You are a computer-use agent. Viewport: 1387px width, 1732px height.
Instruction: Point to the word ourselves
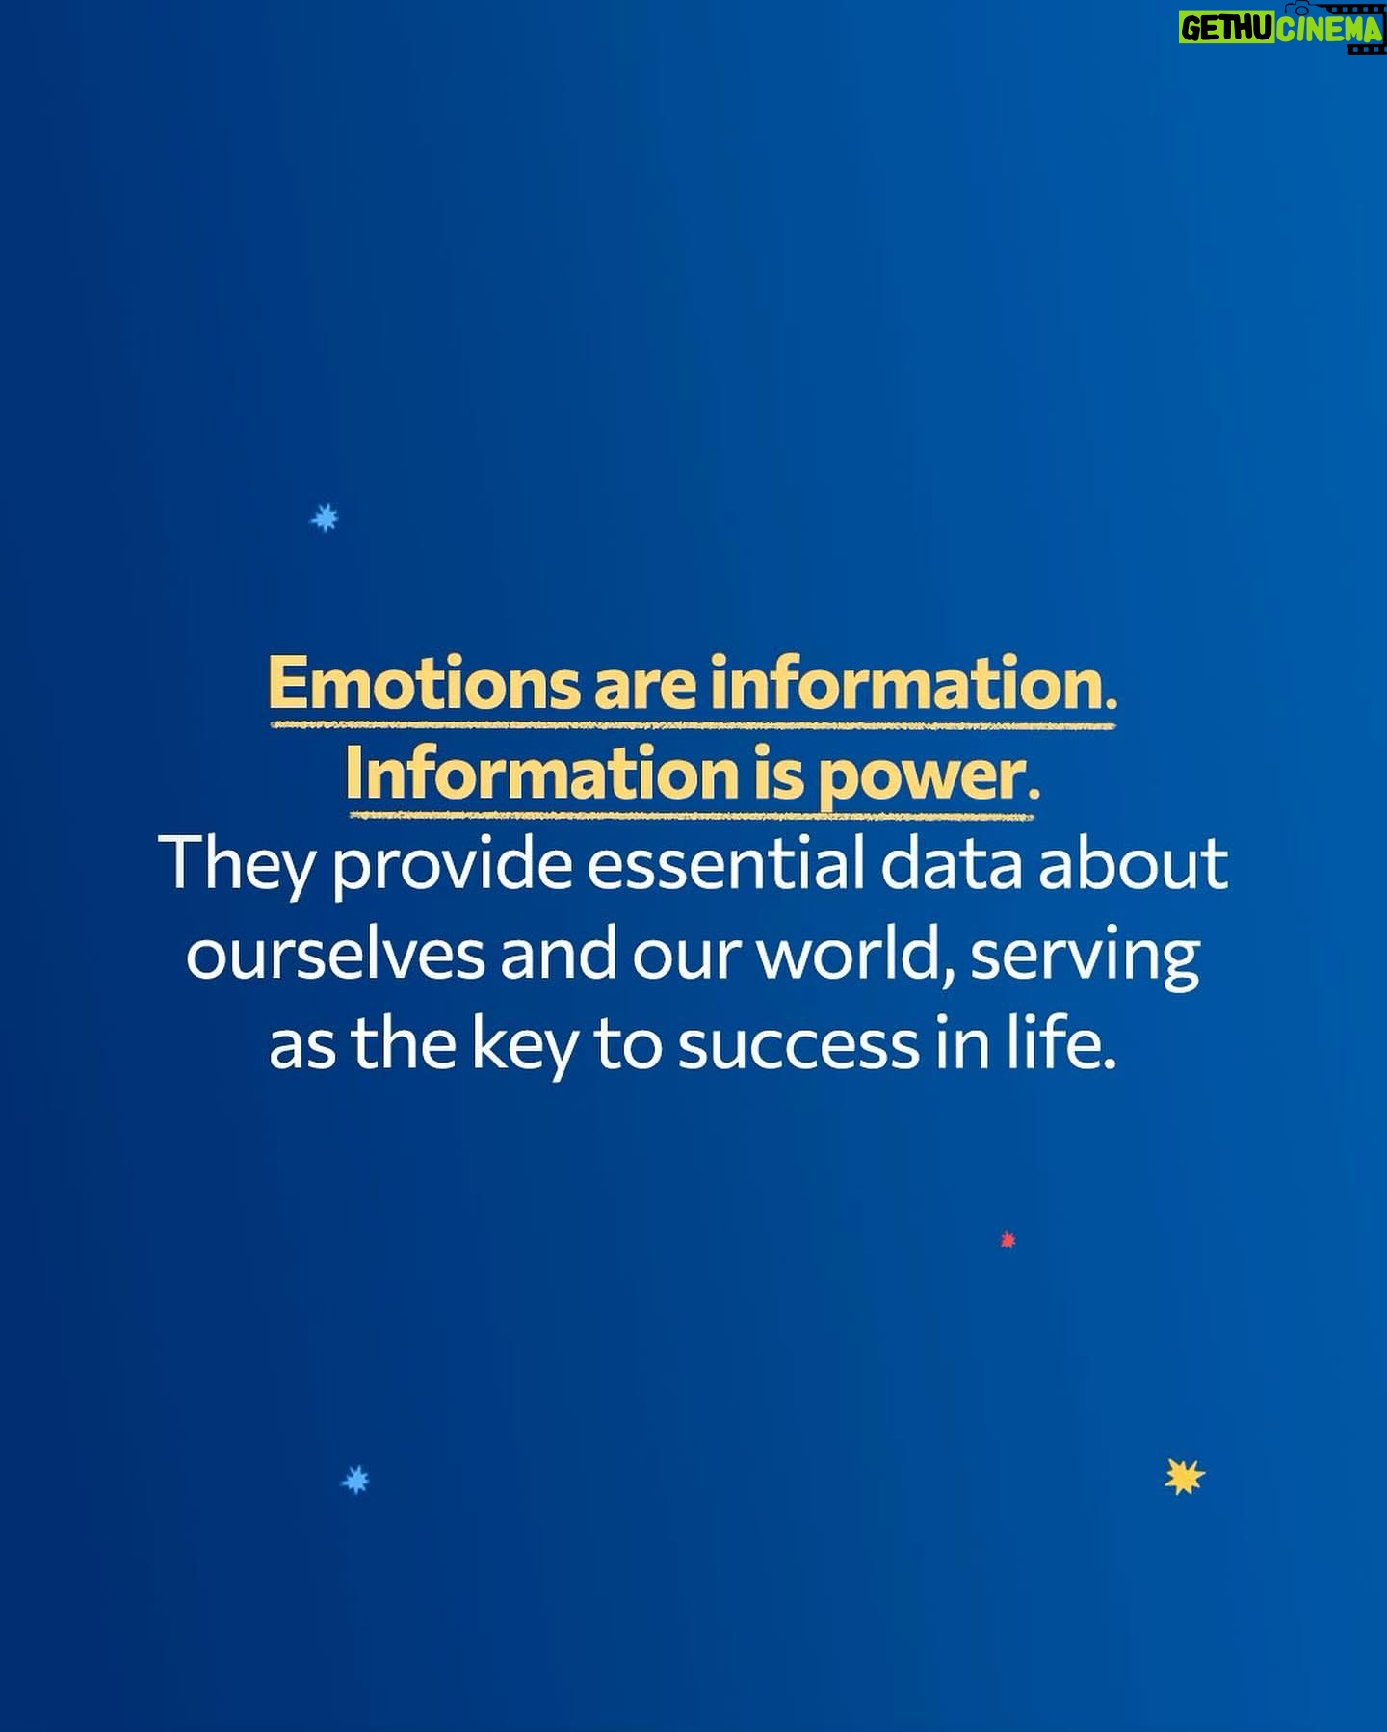point(335,956)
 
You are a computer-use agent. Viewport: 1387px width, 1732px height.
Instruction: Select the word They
point(243,865)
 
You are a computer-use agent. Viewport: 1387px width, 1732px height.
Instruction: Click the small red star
point(1008,1240)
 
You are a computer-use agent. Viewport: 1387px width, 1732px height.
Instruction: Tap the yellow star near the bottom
point(1184,1477)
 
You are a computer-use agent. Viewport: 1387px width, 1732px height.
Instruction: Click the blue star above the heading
point(325,517)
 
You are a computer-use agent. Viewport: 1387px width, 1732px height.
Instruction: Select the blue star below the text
point(355,1480)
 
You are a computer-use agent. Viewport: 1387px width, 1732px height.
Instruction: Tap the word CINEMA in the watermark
point(1330,30)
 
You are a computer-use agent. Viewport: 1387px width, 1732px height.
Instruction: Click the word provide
point(452,865)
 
